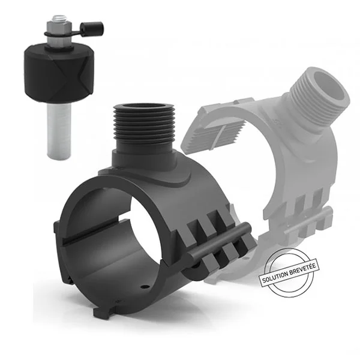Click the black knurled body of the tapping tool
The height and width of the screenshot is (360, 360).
[59, 74]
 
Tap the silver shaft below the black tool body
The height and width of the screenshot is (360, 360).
[59, 131]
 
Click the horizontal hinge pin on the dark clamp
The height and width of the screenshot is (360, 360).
[219, 241]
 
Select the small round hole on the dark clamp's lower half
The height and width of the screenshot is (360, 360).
[144, 287]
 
